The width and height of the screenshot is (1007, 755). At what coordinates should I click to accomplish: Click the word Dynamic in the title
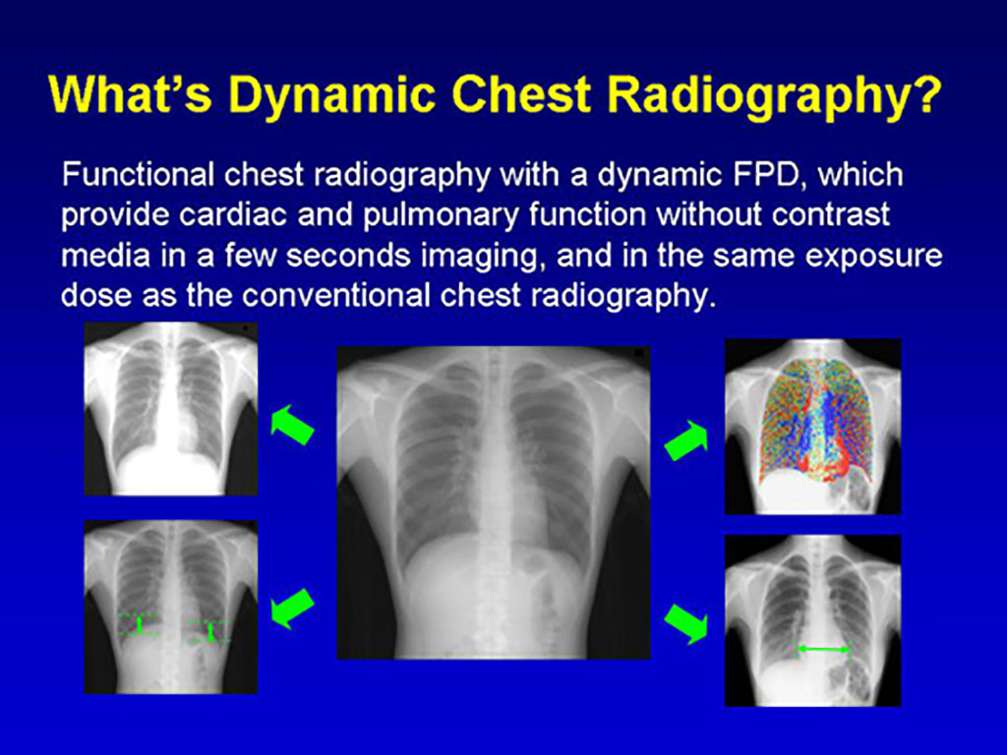click(x=331, y=95)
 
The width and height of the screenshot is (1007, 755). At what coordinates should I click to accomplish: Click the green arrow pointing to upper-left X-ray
click(x=292, y=425)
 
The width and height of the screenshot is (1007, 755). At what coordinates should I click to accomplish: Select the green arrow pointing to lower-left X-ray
click(x=292, y=608)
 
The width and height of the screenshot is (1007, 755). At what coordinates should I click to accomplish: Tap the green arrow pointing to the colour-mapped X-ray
click(x=685, y=440)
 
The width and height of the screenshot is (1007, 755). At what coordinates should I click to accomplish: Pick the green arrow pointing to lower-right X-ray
click(x=685, y=623)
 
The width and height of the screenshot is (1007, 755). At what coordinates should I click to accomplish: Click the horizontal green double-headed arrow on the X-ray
click(x=823, y=649)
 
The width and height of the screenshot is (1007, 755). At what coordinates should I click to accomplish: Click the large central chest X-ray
click(x=494, y=502)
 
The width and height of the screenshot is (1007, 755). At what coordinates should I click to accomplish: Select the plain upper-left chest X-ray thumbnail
click(x=171, y=409)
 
